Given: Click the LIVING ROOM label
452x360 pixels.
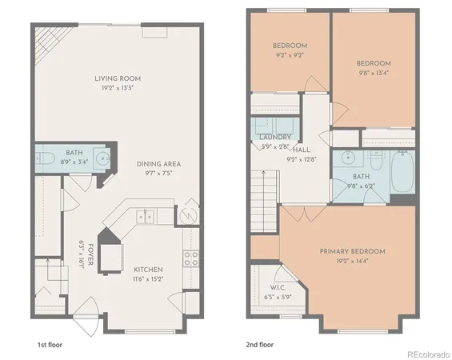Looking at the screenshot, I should [118, 78].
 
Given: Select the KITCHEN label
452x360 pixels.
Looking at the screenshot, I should [150, 270].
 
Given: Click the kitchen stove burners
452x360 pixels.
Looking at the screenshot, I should [191, 258].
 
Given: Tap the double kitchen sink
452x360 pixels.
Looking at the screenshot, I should [144, 216].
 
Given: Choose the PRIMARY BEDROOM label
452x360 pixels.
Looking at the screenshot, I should [352, 251].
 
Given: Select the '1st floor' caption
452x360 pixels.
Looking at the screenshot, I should [51, 345].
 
